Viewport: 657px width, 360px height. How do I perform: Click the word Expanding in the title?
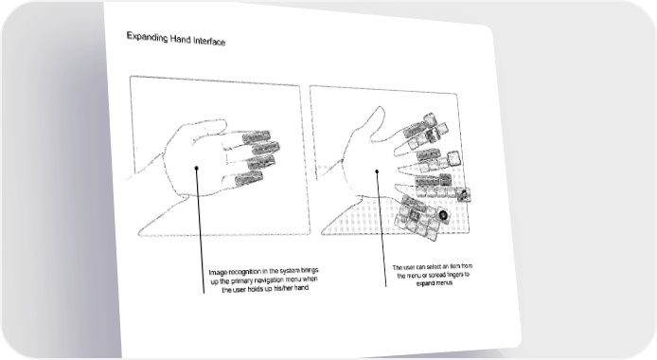pos(147,37)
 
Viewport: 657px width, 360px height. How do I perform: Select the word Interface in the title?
pos(209,41)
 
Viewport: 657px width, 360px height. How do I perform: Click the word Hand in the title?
pos(181,39)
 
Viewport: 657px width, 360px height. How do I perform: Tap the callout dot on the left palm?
pos(197,168)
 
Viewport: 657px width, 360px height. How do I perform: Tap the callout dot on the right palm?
pos(377,171)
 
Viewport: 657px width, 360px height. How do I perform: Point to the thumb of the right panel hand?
pos(375,118)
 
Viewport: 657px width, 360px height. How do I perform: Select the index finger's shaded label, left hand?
pos(256,136)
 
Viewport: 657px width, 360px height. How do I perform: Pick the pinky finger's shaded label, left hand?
pos(248,179)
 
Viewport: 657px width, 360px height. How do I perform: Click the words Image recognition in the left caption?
pos(235,273)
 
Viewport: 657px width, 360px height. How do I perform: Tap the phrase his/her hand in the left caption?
pos(292,288)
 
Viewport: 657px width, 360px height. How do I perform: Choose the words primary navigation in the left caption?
pos(252,280)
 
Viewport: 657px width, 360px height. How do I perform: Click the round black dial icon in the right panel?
pos(443,215)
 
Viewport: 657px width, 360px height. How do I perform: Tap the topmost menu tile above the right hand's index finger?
pos(430,119)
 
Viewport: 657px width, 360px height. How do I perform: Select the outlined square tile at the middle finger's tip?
pos(453,158)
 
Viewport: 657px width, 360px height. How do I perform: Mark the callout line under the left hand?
pos(201,231)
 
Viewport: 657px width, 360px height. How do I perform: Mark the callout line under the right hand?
pos(382,229)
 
